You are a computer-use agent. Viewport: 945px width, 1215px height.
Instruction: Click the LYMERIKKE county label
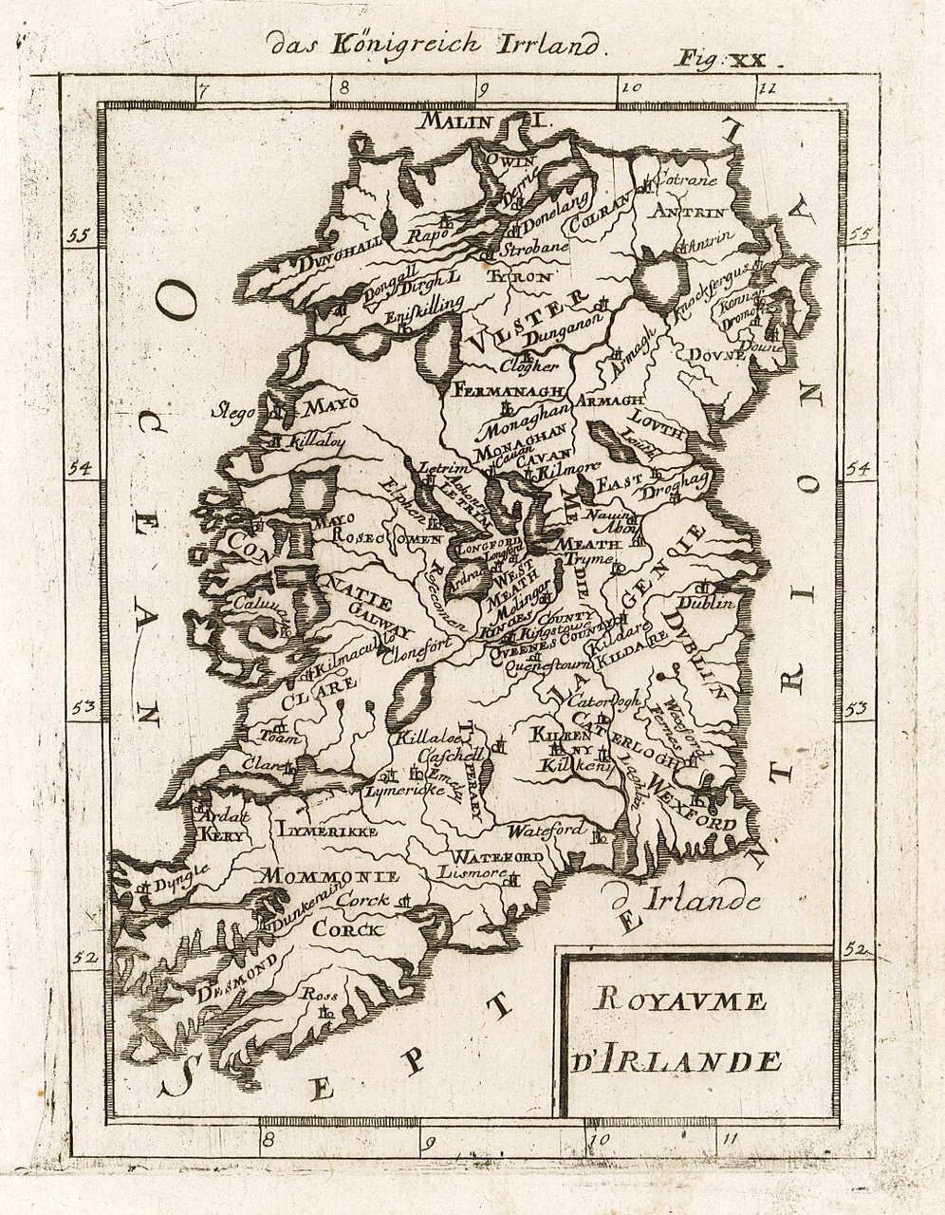(327, 831)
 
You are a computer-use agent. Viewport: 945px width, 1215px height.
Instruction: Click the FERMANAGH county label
(510, 390)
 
